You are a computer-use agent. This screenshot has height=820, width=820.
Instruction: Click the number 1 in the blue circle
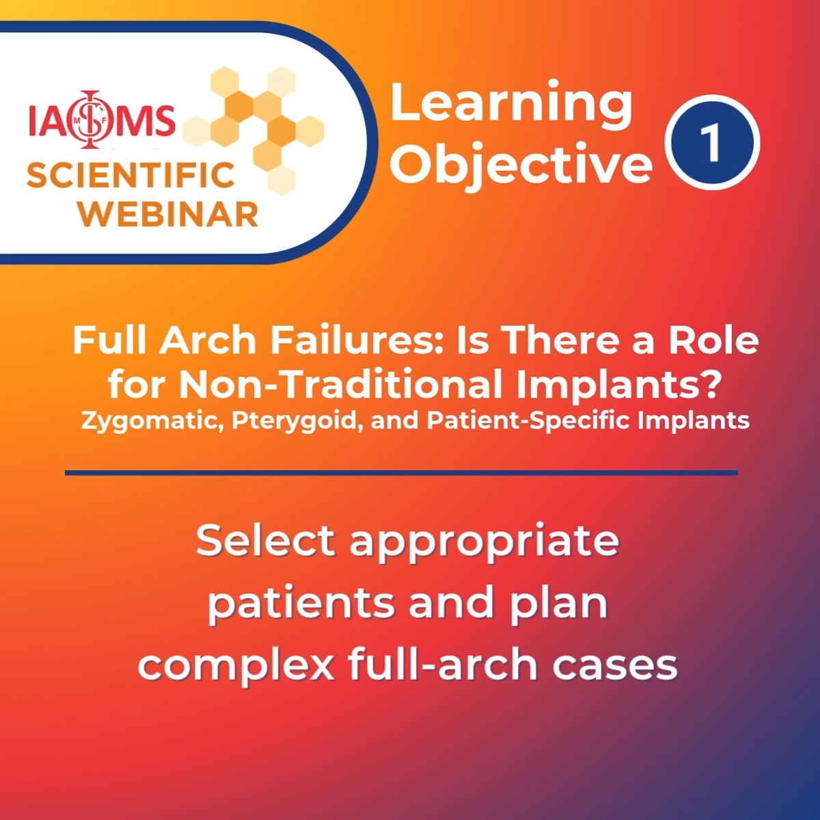pyautogui.click(x=712, y=143)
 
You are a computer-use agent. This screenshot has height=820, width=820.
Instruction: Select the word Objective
pyautogui.click(x=521, y=164)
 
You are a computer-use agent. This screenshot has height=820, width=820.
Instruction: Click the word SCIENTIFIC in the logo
pyautogui.click(x=131, y=176)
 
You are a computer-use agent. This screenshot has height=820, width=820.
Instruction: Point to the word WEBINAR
pyautogui.click(x=168, y=214)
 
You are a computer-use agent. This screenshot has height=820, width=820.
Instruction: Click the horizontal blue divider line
pyautogui.click(x=401, y=473)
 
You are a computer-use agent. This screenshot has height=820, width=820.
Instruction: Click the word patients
pyautogui.click(x=301, y=603)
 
